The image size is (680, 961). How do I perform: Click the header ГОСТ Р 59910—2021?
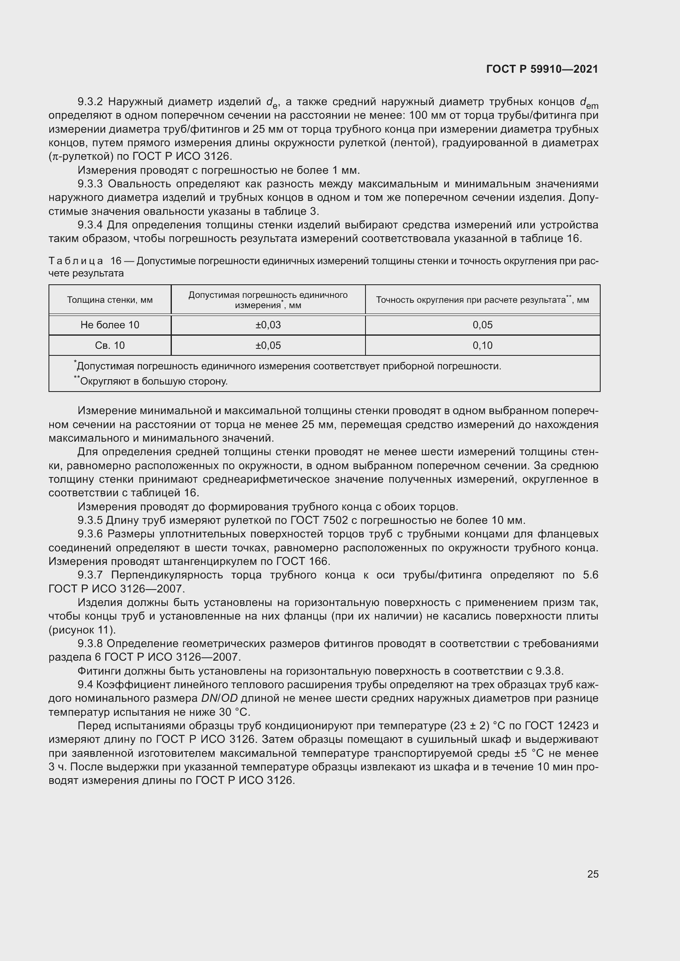click(x=542, y=69)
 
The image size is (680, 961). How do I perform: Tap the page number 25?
click(x=592, y=874)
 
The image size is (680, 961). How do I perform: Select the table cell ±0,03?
click(x=268, y=325)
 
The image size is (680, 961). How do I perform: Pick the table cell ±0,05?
click(x=268, y=345)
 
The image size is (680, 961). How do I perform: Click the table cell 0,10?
click(x=482, y=345)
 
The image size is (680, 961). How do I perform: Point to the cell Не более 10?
click(x=110, y=325)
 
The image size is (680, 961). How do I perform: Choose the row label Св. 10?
click(x=110, y=345)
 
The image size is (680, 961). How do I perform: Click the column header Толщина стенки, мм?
click(x=110, y=300)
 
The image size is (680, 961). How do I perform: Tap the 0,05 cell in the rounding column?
click(x=482, y=325)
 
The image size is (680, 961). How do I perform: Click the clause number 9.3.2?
click(x=90, y=102)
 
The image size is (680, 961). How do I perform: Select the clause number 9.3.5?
click(x=90, y=520)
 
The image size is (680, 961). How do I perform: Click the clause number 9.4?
click(x=85, y=685)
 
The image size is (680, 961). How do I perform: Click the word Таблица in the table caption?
click(x=76, y=261)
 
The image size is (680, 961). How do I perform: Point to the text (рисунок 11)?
click(x=82, y=630)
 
